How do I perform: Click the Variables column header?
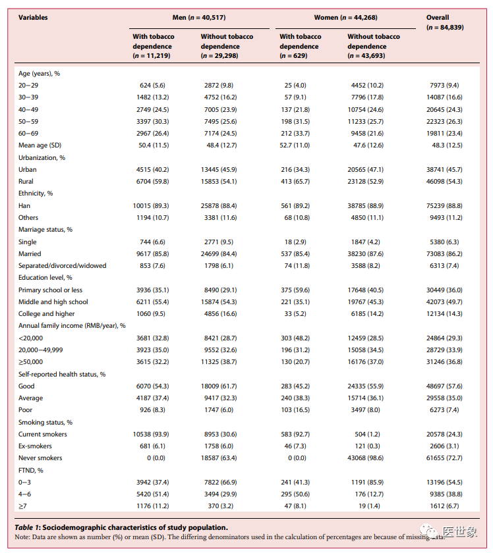(x=33, y=18)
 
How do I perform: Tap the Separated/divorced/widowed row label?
(x=62, y=266)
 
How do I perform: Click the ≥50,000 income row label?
(x=32, y=362)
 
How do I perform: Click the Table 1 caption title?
(x=121, y=527)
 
